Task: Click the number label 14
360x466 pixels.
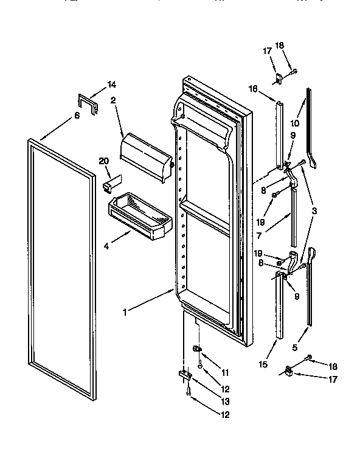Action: (111, 85)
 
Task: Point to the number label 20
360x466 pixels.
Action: (103, 161)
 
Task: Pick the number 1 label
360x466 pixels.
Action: (125, 313)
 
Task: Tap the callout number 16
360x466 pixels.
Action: (253, 89)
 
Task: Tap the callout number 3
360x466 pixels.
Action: (314, 210)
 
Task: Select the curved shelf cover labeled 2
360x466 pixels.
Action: (147, 155)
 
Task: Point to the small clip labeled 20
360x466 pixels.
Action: (112, 183)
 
